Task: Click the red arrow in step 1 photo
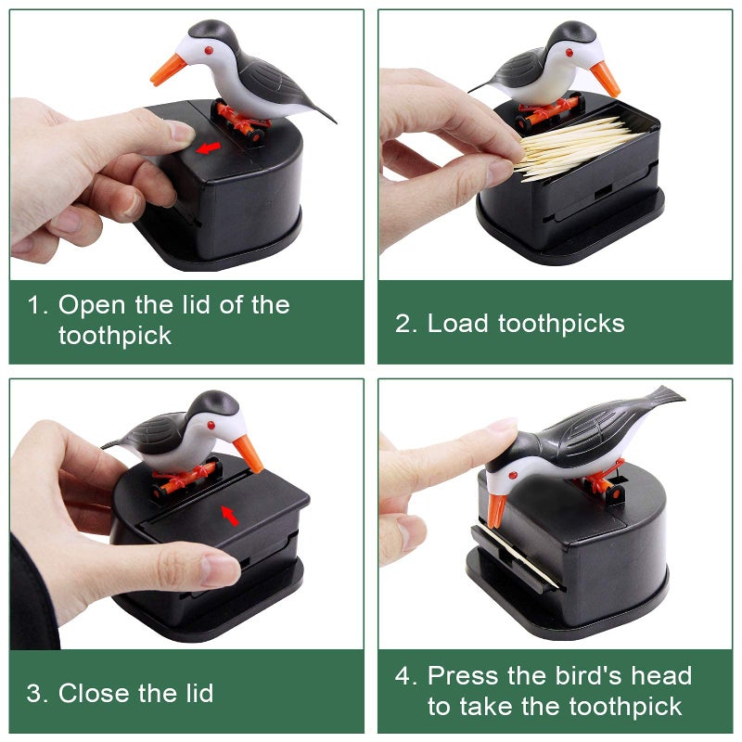point(208,147)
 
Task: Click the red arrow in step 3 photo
point(230,516)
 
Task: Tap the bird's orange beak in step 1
point(168,70)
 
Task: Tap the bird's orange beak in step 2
point(605,78)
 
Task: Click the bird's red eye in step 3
point(211,425)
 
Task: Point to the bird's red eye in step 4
point(512,475)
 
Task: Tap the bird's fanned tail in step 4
point(665,397)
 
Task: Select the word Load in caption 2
point(457,324)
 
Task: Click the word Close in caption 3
point(94,693)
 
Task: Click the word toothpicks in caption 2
point(561,325)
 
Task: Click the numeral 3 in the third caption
point(34,693)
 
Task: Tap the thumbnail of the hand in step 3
point(220,570)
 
